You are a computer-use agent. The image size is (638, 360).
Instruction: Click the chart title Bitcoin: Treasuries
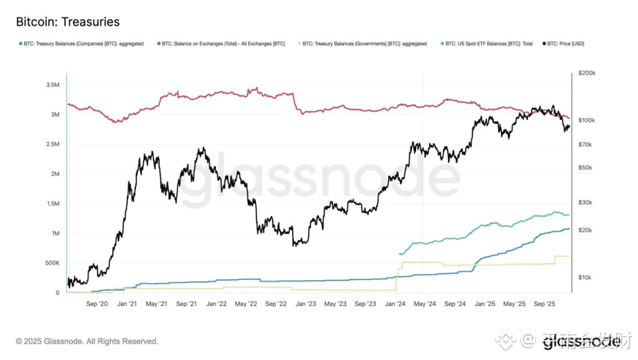coord(67,22)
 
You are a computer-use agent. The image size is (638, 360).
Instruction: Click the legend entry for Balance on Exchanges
coord(223,44)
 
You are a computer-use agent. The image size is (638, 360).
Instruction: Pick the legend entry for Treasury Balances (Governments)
coord(363,44)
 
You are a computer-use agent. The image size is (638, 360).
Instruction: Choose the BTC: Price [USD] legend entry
coord(566,44)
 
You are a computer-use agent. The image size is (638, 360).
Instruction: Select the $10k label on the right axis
coord(585,277)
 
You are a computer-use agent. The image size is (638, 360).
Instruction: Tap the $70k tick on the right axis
coord(585,145)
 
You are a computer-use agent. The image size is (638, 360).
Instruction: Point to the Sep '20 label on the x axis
coord(97,304)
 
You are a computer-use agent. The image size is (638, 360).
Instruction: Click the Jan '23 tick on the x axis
coord(306,304)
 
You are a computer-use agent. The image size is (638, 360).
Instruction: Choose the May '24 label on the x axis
coord(425,304)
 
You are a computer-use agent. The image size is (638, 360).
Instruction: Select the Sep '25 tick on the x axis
coord(545,304)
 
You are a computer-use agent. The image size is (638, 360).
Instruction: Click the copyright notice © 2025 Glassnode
coord(87,342)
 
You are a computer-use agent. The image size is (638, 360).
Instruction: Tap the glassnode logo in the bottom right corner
coord(581,343)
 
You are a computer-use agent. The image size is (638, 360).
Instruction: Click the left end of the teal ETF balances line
coord(400,253)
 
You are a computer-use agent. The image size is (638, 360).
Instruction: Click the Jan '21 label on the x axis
coord(127,304)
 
